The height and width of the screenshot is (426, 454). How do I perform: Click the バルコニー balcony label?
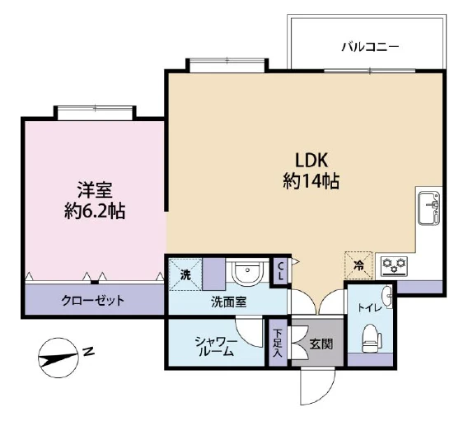[x=370, y=48]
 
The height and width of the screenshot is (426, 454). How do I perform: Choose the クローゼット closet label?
[x=93, y=300]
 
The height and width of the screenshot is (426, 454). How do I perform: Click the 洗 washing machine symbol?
[x=185, y=274]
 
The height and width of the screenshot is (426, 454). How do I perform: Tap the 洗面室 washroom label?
[x=227, y=302]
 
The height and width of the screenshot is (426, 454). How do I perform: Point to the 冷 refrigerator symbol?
[x=358, y=265]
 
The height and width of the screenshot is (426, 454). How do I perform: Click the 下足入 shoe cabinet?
[x=278, y=343]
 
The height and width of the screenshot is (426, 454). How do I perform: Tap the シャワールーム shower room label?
[x=216, y=344]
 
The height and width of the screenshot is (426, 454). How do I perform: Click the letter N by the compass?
[x=88, y=353]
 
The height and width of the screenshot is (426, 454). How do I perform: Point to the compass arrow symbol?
[x=58, y=360]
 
